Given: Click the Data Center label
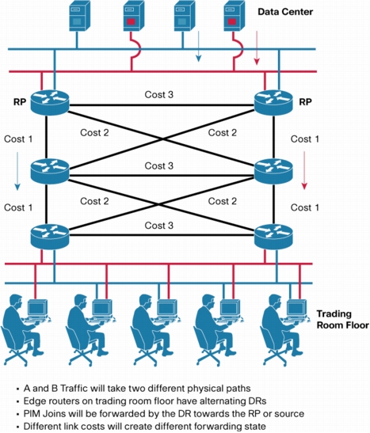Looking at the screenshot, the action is pos(285,12).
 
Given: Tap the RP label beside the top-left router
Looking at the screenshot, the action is pos(20,102).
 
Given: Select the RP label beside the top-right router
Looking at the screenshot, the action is pos(305,102).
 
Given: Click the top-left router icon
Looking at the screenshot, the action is pos(50,102).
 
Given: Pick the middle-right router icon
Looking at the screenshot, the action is pos(273,172).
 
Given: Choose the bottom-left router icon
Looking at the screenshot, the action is pos(50,237).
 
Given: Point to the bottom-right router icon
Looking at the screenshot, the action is pos(273,237).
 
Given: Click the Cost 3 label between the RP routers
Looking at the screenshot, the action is pos(159,94).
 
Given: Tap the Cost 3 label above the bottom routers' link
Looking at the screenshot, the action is pos(159,226).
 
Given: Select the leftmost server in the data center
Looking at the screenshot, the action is pos(79,16).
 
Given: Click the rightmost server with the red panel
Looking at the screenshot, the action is pos(234,16).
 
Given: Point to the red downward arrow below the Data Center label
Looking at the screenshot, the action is pos(257,48).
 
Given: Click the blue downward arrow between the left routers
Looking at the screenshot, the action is pos(17,171).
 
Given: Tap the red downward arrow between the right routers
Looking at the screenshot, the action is pos(304,170).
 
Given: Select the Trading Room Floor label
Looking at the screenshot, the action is pos(342,319).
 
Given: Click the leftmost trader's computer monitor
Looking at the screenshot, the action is pos(37,308).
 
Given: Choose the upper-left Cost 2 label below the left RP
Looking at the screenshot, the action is pos(94,132).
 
